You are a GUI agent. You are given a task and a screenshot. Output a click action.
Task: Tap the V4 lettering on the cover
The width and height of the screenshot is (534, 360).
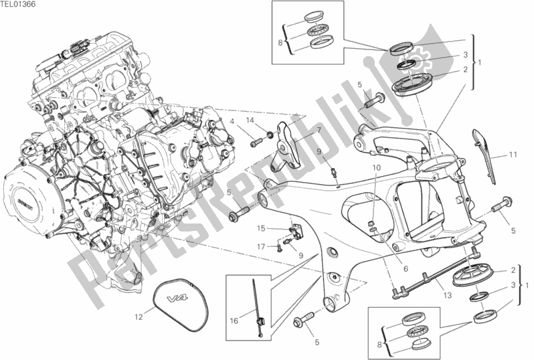pyautogui.click(x=175, y=299)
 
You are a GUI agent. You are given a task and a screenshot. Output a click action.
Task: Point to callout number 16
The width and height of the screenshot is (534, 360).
pyautogui.click(x=233, y=321)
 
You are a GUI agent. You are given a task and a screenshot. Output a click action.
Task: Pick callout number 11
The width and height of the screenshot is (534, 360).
pyautogui.click(x=513, y=155)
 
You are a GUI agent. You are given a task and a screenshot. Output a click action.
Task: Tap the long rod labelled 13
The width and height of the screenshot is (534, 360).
pyautogui.click(x=435, y=271)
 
